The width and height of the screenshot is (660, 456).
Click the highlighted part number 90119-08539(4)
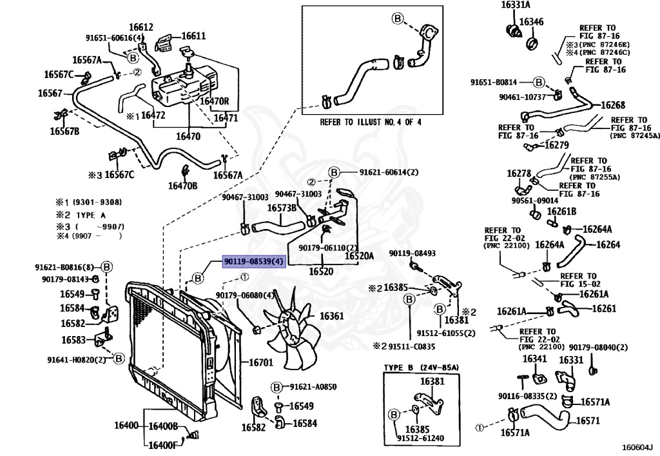253,261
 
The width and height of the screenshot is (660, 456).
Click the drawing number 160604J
637,446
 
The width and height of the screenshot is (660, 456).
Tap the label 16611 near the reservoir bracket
193,36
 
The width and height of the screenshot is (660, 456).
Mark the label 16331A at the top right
515,5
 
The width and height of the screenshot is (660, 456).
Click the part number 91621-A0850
313,386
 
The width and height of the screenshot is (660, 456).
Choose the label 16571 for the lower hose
588,420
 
